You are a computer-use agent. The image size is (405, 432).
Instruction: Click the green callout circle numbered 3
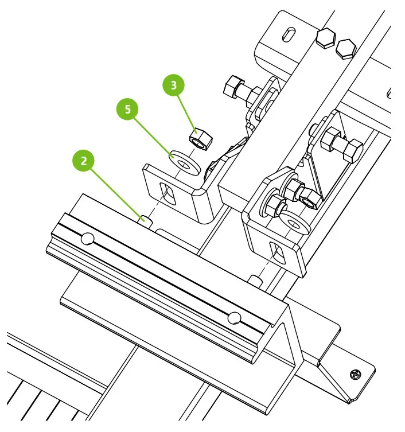point(174,86)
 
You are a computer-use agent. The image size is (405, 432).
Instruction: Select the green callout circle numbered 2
point(84,161)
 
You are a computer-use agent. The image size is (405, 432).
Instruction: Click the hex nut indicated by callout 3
point(198,138)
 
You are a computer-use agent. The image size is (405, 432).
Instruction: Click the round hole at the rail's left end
point(87,238)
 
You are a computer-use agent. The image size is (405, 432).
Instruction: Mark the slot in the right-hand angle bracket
point(278,253)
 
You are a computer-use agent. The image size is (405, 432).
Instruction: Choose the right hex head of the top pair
point(345,48)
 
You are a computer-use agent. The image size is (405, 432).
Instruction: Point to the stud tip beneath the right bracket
point(256,280)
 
